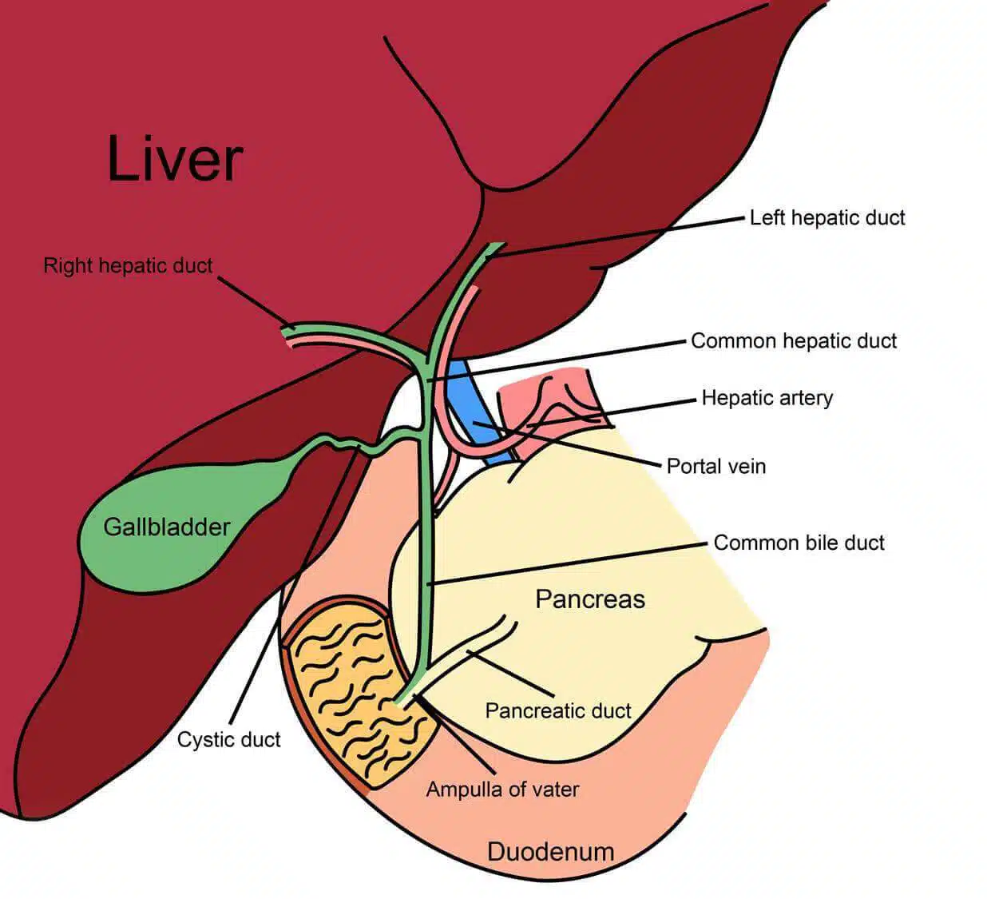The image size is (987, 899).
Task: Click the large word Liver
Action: click(x=174, y=159)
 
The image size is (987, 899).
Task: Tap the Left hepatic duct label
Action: click(x=826, y=217)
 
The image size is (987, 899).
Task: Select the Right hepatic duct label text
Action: click(x=128, y=265)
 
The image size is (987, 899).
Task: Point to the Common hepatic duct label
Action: click(x=793, y=340)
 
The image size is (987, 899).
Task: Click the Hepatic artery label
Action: click(x=767, y=397)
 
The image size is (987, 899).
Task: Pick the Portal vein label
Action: click(x=715, y=466)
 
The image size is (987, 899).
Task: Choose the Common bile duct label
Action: click(x=799, y=543)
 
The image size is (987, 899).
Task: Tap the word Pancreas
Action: click(x=589, y=599)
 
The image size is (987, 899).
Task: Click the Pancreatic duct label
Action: click(x=557, y=710)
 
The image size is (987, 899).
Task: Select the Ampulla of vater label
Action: click(x=501, y=790)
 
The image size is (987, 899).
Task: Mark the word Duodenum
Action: click(x=550, y=851)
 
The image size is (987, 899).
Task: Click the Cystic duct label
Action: click(x=228, y=739)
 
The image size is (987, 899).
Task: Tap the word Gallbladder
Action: click(x=166, y=527)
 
